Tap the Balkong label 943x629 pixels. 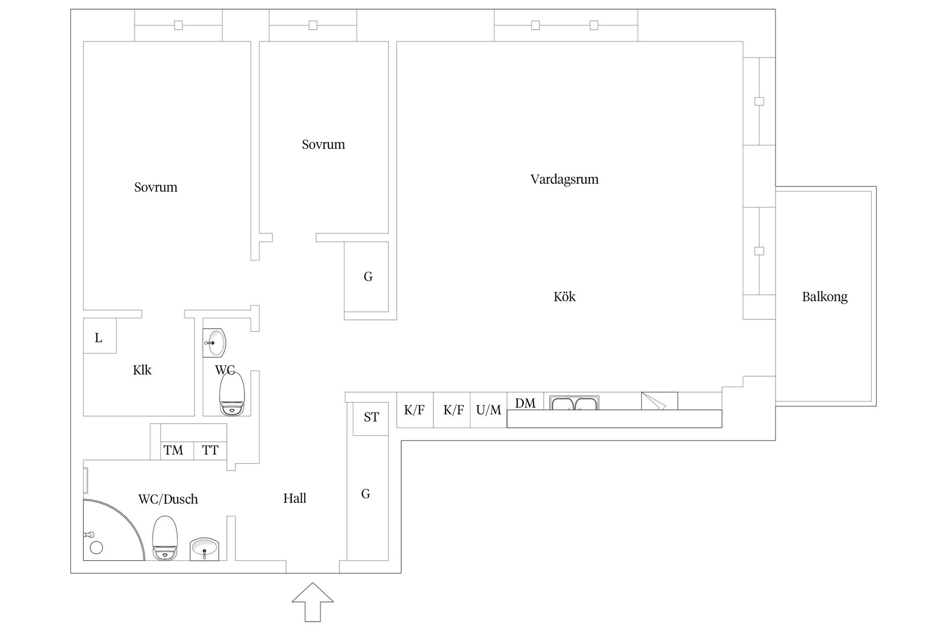click(824, 297)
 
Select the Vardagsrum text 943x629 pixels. click(564, 179)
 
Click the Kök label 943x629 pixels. click(564, 297)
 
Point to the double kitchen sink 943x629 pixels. click(574, 403)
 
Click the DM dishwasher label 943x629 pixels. click(525, 403)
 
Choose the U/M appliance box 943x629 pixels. click(488, 410)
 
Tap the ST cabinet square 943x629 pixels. click(371, 418)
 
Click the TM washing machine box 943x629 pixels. click(173, 450)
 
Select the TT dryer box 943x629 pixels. click(210, 450)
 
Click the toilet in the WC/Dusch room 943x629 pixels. click(165, 539)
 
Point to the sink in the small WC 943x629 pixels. click(215, 343)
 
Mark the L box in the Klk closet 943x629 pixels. click(99, 337)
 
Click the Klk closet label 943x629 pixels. click(142, 370)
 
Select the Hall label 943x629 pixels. click(295, 499)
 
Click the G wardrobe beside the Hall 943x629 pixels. click(366, 494)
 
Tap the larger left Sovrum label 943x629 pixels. click(156, 187)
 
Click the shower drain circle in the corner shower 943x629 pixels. click(96, 547)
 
